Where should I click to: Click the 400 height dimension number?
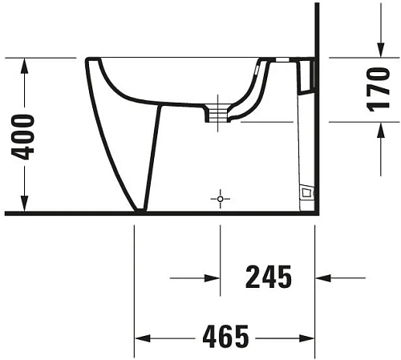point(26,136)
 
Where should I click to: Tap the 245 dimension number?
point(266,277)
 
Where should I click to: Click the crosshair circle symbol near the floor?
point(220,197)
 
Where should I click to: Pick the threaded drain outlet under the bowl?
point(214,112)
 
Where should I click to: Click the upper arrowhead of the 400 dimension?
point(26,64)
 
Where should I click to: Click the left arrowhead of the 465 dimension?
point(140,337)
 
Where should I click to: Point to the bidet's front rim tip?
point(89,60)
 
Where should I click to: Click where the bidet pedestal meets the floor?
point(141,210)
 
